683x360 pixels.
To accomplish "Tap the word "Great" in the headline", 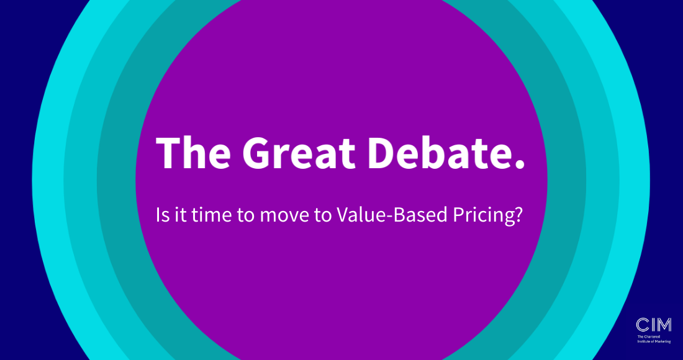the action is click(x=299, y=151).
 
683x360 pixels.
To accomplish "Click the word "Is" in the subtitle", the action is click(x=161, y=215).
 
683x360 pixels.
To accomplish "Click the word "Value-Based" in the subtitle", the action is click(x=381, y=215).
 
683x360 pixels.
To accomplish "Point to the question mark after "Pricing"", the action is click(x=515, y=215).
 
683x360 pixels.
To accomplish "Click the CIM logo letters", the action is click(x=653, y=324).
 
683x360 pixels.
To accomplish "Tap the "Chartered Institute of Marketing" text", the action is click(x=654, y=339).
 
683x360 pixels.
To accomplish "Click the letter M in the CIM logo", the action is click(x=662, y=324).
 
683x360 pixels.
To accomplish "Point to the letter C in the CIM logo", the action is click(x=641, y=324).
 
